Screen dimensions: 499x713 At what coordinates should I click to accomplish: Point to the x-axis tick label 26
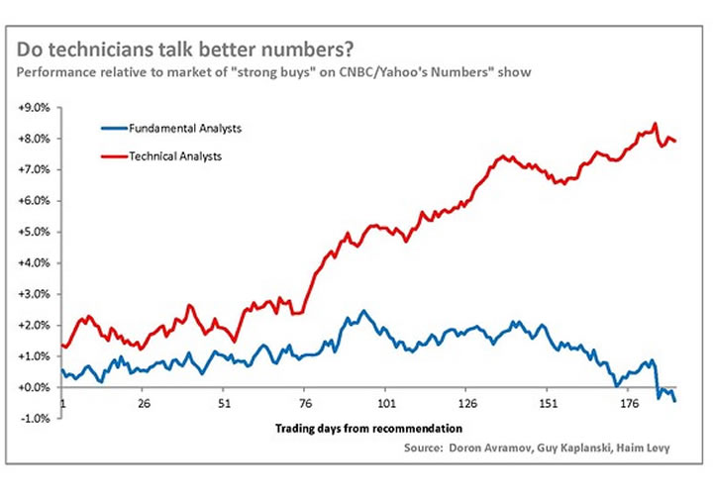(x=144, y=404)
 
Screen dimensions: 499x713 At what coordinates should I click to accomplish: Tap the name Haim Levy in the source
(x=643, y=449)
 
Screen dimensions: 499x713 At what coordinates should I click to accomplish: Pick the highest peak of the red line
(x=656, y=125)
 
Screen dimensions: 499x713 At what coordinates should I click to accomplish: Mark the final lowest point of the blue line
(x=675, y=401)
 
